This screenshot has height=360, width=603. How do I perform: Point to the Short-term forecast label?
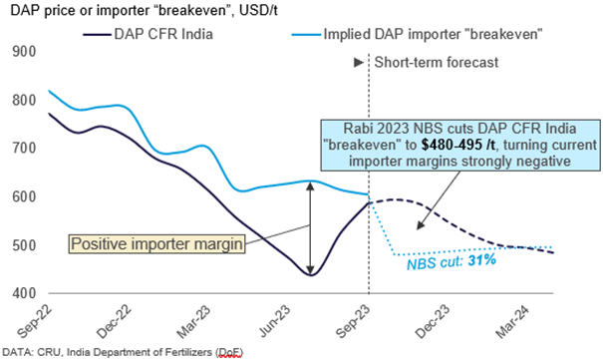point(428,62)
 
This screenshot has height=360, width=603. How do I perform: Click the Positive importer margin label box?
point(155,242)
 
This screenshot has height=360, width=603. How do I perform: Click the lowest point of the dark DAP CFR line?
point(311,274)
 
